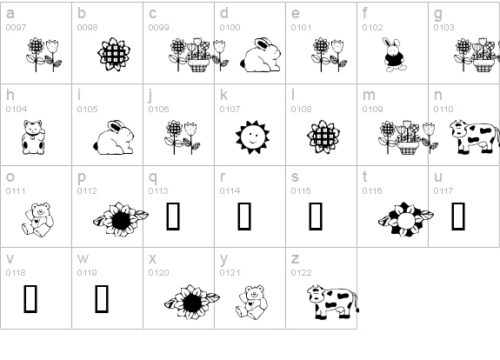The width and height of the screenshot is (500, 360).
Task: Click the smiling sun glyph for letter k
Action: click(252, 137)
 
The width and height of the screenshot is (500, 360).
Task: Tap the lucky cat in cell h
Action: click(33, 137)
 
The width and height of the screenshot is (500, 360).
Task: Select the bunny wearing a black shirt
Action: click(395, 55)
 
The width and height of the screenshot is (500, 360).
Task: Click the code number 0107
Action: click(230, 110)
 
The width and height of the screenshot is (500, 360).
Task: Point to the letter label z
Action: click(295, 258)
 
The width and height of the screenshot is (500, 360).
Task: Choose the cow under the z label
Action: click(333, 302)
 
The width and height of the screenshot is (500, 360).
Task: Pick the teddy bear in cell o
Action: click(37, 219)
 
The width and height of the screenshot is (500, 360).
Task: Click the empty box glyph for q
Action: click(173, 217)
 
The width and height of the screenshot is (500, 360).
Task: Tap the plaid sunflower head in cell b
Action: click(114, 54)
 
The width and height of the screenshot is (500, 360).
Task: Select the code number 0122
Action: click(301, 273)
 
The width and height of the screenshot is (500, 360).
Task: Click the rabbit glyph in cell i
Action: click(114, 137)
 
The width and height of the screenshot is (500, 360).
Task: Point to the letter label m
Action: click(369, 95)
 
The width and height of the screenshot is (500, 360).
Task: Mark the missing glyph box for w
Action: click(102, 299)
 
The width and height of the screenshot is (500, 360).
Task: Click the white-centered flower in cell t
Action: click(405, 219)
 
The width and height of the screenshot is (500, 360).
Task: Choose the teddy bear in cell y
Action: click(251, 303)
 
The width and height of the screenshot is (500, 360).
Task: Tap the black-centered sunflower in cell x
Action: click(191, 302)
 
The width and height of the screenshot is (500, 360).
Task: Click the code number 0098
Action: click(87, 28)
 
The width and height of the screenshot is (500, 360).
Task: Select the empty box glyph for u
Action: click(458, 217)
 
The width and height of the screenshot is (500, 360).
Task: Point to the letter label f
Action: click(365, 13)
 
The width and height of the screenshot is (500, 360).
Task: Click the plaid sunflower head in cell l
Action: click(323, 137)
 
